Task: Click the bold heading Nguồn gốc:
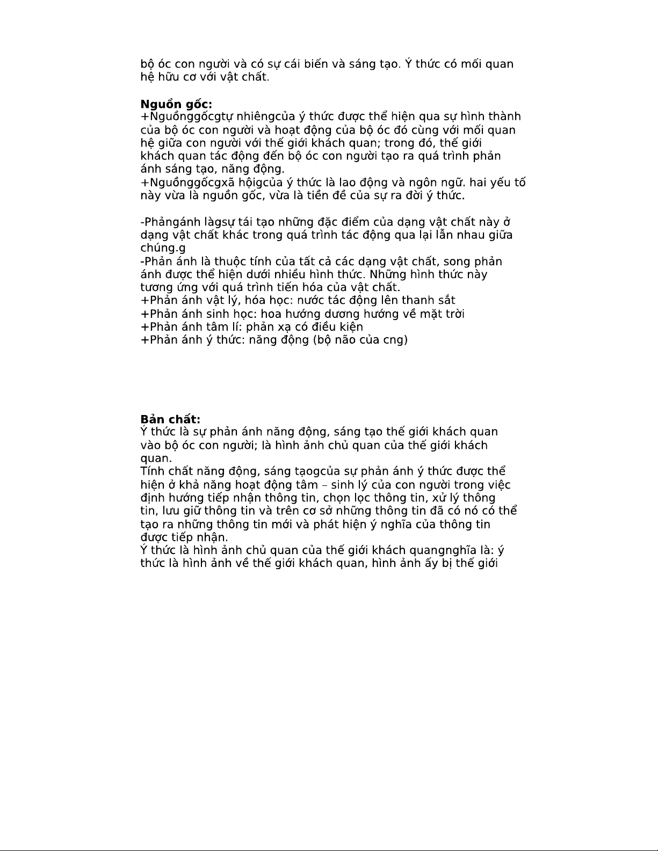(176, 104)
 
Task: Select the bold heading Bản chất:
(170, 419)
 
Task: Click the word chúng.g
(163, 248)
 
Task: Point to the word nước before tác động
(310, 301)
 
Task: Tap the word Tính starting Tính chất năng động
(152, 472)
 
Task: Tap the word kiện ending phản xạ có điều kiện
(348, 327)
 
